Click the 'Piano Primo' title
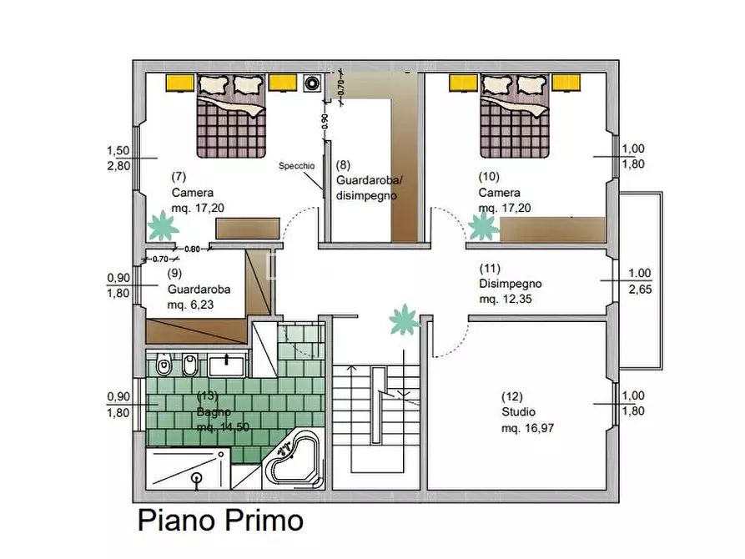click(220, 520)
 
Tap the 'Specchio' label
click(296, 166)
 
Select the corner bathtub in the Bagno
click(294, 460)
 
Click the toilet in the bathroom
click(164, 364)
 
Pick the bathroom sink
click(227, 366)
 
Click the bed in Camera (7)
click(231, 116)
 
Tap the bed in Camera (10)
click(515, 116)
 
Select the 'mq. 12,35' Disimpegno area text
click(505, 299)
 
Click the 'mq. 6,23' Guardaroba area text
click(190, 305)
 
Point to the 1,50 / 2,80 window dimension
click(118, 158)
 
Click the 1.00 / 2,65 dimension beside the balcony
click(640, 281)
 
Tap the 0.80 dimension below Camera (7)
click(192, 249)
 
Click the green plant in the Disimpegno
click(404, 320)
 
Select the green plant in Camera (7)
click(163, 226)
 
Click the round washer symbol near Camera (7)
click(312, 83)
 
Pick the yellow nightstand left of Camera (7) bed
click(179, 83)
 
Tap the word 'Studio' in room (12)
click(518, 411)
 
